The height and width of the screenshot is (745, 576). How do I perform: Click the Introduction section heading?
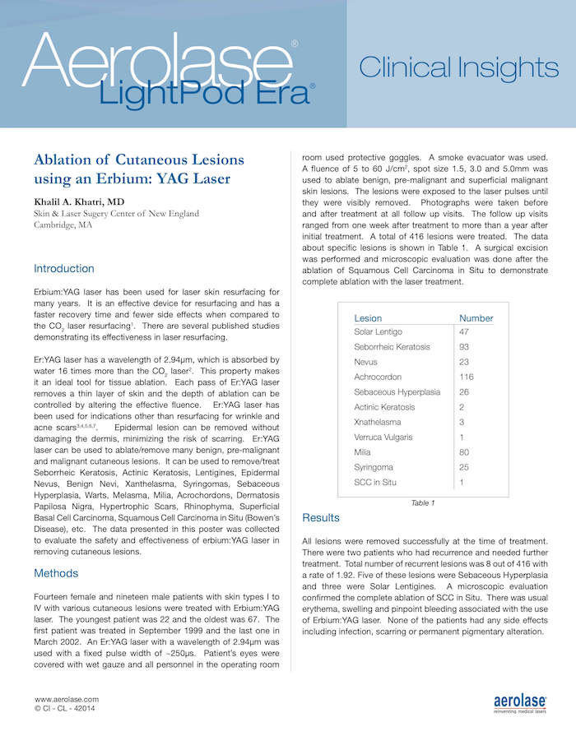point(64,269)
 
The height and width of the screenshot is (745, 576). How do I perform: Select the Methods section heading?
point(56,573)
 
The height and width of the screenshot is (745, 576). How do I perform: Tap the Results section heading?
point(321,518)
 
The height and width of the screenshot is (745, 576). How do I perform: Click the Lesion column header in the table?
point(368,318)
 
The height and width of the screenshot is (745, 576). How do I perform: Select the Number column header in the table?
point(476,318)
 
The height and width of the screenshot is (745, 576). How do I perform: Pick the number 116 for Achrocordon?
point(467,377)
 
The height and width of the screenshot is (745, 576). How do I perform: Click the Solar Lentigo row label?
point(378,331)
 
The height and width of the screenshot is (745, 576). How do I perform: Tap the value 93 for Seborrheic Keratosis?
point(464,347)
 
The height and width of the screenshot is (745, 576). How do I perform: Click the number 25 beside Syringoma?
point(464,467)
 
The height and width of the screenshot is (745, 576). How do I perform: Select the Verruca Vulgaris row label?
point(383,437)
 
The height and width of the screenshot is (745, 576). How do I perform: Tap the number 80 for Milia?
point(464,451)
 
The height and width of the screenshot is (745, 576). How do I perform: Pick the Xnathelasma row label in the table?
point(379,422)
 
